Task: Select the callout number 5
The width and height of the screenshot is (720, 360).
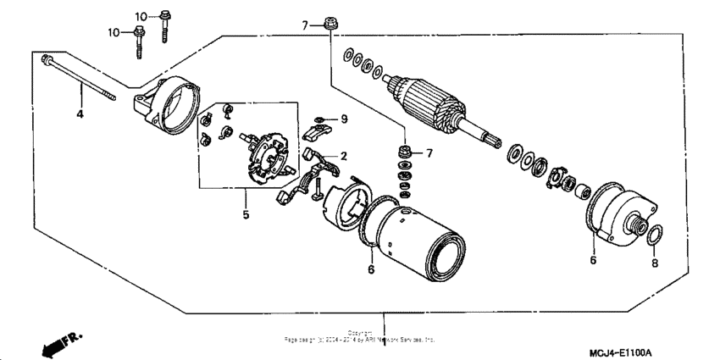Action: pos(246,215)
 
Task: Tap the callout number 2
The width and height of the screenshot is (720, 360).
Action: pos(344,157)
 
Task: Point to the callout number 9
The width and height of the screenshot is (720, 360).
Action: pos(344,119)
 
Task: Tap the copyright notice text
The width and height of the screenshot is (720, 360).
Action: pos(360,337)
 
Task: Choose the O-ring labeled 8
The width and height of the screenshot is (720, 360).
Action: pos(652,234)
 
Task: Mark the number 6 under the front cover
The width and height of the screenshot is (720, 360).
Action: pos(593,261)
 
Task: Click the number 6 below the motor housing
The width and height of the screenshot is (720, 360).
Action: pos(370,269)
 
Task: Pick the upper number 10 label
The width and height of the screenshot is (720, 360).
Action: pos(140,16)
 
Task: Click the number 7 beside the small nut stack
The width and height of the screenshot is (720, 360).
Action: pos(429,152)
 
